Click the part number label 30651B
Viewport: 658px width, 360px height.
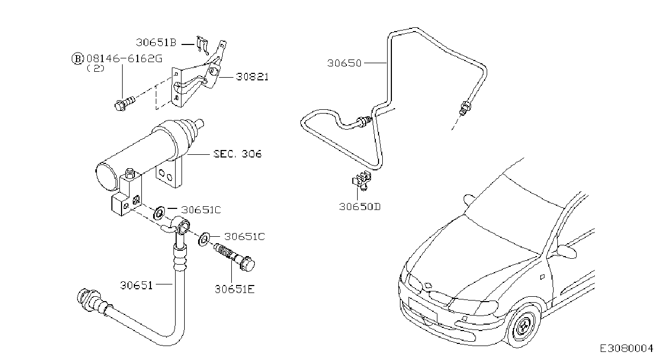click(156, 43)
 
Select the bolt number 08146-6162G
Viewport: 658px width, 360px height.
click(124, 59)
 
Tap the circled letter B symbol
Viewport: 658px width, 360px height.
click(78, 59)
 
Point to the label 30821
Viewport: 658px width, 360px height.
click(252, 77)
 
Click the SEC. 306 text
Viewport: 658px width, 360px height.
click(237, 154)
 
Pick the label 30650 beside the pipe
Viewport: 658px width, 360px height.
click(344, 63)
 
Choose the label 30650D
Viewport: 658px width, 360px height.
click(360, 207)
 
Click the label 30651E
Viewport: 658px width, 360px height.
click(235, 289)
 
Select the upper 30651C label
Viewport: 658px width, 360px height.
click(201, 210)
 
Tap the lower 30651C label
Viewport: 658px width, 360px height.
click(244, 237)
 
